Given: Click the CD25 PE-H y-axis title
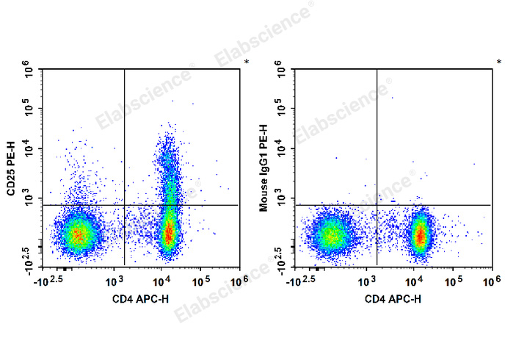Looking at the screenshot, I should [11, 168].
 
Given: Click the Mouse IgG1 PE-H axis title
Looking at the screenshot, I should [264, 168].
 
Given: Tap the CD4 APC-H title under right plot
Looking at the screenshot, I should [393, 298].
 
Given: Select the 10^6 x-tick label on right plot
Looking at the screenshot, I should [486, 281].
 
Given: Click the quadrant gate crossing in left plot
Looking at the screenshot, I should [125, 205].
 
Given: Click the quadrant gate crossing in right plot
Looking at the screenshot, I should [377, 205].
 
